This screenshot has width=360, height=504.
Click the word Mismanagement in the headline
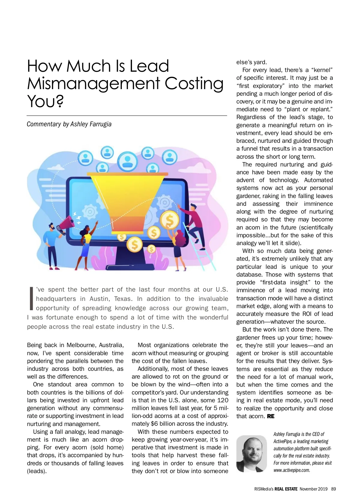[93, 84]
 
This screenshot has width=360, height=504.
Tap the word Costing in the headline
[194, 84]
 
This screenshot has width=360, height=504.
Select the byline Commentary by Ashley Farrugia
[69, 124]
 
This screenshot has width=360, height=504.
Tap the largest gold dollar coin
[170, 221]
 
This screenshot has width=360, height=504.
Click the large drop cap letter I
[31, 298]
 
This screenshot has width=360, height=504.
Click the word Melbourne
[80, 345]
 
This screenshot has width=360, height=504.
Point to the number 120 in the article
[223, 400]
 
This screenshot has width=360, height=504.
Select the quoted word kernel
[322, 70]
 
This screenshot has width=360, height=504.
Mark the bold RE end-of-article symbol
[271, 416]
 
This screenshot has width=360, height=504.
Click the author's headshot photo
[251, 453]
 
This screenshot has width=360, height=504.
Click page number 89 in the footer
[334, 489]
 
